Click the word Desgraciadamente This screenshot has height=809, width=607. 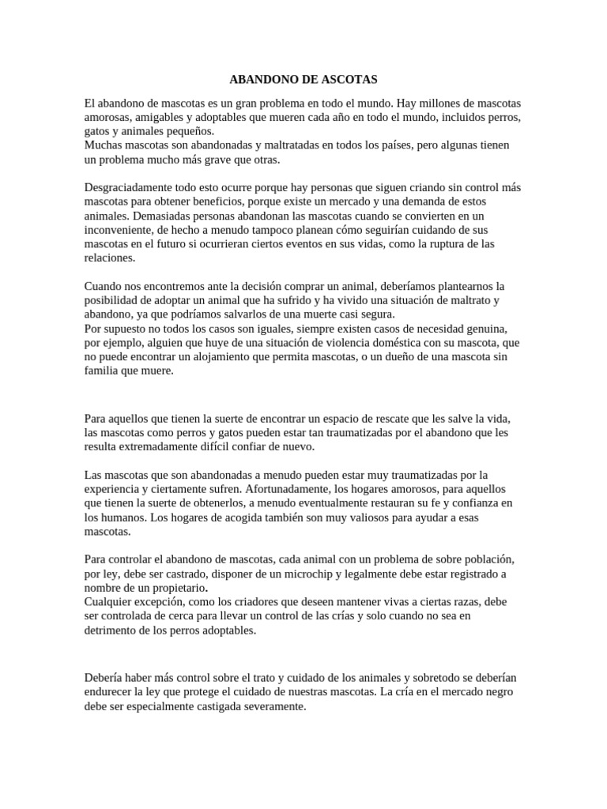point(130,187)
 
